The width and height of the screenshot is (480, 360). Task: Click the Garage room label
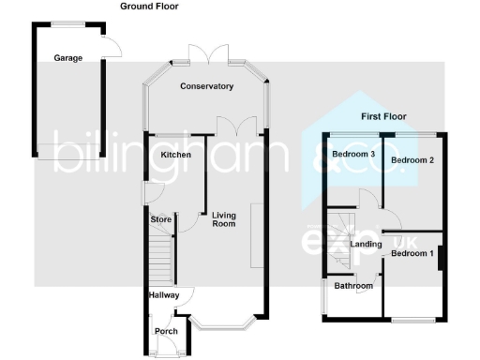tap(67, 58)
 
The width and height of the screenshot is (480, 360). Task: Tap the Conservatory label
tap(206, 86)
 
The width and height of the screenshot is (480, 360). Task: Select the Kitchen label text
tap(175, 155)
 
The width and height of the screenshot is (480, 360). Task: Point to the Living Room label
tap(223, 218)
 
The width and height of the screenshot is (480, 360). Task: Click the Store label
tap(161, 219)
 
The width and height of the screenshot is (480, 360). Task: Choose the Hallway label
tap(164, 294)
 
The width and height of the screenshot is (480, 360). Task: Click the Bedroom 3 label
tap(353, 154)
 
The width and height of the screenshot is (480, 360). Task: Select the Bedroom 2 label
tap(412, 160)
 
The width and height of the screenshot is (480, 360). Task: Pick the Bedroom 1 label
tap(412, 253)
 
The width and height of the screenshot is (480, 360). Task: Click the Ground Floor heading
tap(149, 7)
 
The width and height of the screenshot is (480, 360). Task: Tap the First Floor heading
tap(384, 117)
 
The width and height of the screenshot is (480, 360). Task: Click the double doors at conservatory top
tap(205, 53)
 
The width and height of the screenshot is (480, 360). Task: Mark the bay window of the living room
tap(223, 325)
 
